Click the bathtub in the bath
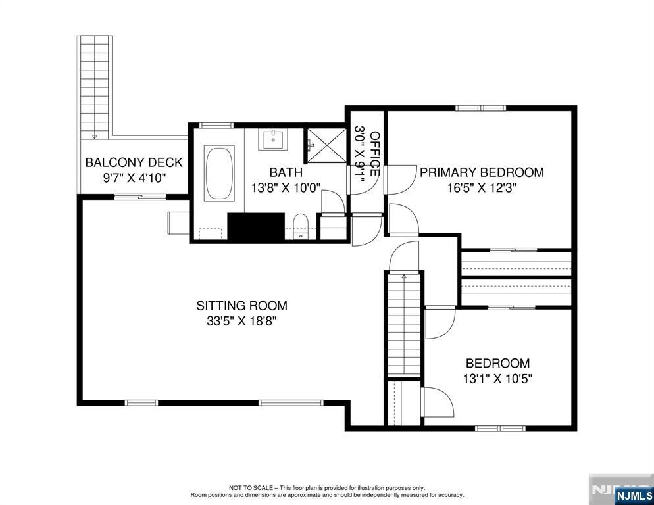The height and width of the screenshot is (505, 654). (218, 174)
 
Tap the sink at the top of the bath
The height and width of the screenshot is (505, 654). (272, 139)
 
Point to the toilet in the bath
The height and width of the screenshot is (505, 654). (301, 225)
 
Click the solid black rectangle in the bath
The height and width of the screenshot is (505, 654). (255, 227)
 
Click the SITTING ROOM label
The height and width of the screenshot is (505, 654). (241, 306)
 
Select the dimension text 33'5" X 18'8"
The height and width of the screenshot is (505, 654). (241, 322)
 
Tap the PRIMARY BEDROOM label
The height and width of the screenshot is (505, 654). (482, 172)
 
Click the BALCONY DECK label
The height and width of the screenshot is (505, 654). (134, 162)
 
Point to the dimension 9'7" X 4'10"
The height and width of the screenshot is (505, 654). (134, 178)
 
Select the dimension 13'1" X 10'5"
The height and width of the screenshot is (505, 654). (498, 379)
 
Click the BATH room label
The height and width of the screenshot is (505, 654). (286, 172)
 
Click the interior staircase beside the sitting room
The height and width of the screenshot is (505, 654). (404, 325)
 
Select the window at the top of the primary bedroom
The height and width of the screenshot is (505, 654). (480, 108)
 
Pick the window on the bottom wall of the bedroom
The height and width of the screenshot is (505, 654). (500, 428)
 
